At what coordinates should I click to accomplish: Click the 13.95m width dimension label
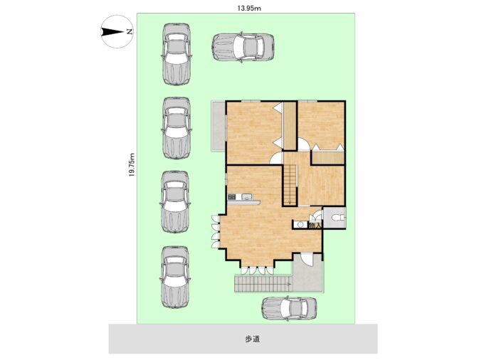click(249, 9)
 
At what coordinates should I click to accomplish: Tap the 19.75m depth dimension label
click(132, 164)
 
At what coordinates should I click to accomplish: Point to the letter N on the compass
click(130, 31)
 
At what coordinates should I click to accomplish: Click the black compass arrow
click(112, 32)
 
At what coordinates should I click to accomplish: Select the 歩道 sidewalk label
click(252, 339)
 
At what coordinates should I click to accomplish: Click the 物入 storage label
click(315, 226)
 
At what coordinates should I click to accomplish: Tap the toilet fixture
click(337, 218)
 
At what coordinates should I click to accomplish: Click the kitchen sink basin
click(246, 197)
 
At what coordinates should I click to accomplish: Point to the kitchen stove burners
click(232, 197)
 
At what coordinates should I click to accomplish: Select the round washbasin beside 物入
click(300, 225)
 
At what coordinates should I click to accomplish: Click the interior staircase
click(290, 185)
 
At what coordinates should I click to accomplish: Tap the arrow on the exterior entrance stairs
click(288, 284)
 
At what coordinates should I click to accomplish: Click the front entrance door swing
click(307, 259)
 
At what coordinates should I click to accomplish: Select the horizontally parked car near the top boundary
click(243, 47)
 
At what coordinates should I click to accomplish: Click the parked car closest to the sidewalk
click(289, 309)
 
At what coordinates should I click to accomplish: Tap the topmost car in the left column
click(176, 54)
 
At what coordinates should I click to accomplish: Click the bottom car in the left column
click(175, 277)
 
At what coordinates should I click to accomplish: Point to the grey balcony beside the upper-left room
click(219, 126)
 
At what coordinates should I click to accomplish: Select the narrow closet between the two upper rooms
click(290, 126)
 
